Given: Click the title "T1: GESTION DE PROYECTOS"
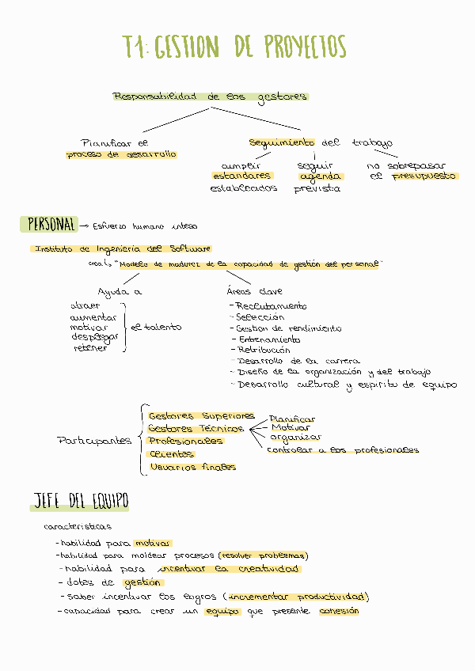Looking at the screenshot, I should tap(235, 47).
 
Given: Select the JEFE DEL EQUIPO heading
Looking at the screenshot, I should tap(79, 501).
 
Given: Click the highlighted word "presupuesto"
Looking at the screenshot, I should tap(425, 176).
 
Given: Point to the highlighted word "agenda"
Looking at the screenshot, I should tap(321, 176).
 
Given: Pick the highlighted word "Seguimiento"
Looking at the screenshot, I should tap(282, 142).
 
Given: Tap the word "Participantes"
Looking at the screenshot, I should tap(94, 441).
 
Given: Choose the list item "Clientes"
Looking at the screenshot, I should tap(171, 454).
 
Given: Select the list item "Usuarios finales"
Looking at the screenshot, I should tap(192, 467).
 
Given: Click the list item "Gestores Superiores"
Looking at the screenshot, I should tap(202, 415).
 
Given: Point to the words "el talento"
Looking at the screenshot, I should tap(156, 327).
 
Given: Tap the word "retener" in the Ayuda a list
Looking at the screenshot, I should tap(90, 347).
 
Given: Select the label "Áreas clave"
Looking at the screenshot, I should tap(254, 291).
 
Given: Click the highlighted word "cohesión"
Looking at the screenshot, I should tap(339, 611).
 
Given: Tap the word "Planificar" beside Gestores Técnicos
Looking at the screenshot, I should tap(292, 419).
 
